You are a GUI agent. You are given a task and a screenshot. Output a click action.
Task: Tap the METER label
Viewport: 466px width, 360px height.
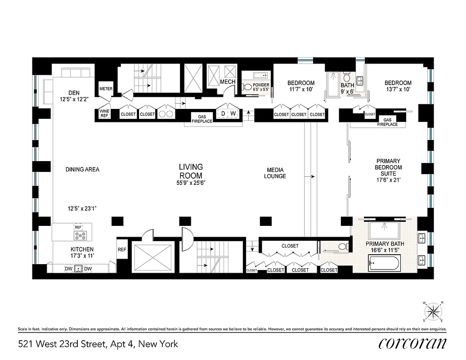(x=106, y=89)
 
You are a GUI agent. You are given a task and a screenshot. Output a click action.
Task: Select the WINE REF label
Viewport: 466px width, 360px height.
(x=104, y=114)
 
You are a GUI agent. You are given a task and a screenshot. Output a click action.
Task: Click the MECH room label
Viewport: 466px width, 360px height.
(x=228, y=82)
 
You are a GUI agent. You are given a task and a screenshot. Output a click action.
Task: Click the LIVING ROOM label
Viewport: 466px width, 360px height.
(x=191, y=171)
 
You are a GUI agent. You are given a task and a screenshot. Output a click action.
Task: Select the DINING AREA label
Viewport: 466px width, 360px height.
(x=82, y=170)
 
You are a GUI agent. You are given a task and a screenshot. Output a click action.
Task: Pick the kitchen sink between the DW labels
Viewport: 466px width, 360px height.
(x=78, y=269)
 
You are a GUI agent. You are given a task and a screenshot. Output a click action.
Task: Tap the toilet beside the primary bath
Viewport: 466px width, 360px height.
(x=343, y=246)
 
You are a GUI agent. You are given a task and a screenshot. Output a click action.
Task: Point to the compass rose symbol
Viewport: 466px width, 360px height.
(x=434, y=310)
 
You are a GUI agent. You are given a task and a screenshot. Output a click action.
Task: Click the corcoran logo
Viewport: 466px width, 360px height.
(x=412, y=343)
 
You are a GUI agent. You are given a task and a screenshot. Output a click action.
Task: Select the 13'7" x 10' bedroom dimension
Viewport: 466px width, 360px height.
(x=398, y=90)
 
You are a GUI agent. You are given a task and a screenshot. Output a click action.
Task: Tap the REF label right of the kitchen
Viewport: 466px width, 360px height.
(x=122, y=249)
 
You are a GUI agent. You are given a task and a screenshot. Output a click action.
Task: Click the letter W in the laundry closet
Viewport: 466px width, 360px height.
(x=233, y=114)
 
